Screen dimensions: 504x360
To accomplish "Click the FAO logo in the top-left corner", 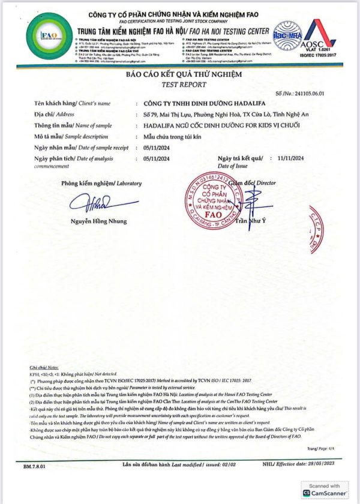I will point(49,35).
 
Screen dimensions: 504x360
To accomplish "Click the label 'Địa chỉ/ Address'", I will point(49,114).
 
